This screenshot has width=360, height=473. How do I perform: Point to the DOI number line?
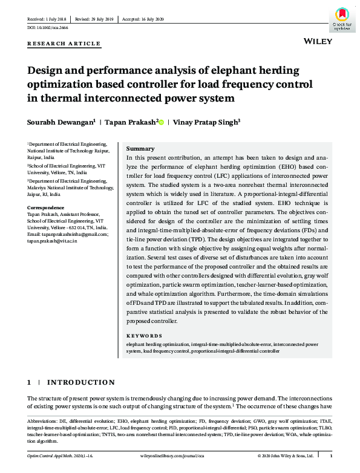(47, 28)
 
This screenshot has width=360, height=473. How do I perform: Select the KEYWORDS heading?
(144, 336)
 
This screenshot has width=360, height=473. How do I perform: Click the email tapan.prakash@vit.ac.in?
(52, 241)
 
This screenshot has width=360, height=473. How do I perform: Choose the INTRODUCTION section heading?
(80, 382)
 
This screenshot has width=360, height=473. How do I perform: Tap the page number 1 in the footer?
(339, 455)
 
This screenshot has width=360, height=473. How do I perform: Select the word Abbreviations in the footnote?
(42, 420)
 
